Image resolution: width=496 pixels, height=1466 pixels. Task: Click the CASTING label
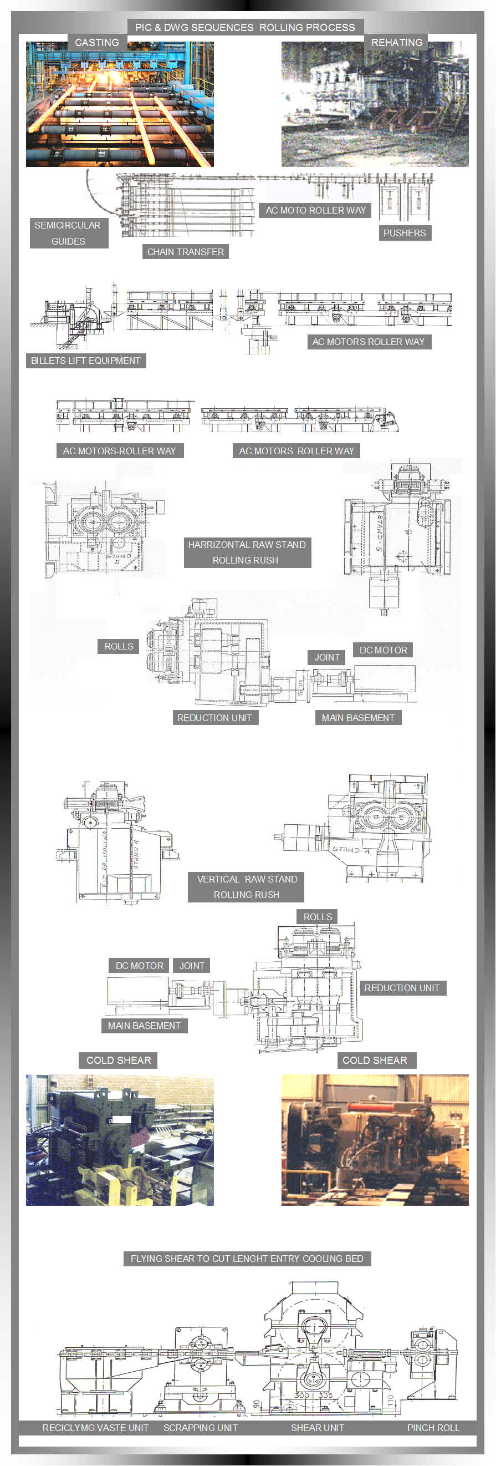pyautogui.click(x=96, y=43)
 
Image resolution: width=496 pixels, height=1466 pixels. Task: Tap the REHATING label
pyautogui.click(x=396, y=43)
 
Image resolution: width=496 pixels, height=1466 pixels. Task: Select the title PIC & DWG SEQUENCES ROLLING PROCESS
pyautogui.click(x=244, y=27)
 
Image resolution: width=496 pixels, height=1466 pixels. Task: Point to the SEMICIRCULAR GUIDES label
pyautogui.click(x=68, y=234)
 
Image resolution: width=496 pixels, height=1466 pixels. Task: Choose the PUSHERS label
pyautogui.click(x=405, y=234)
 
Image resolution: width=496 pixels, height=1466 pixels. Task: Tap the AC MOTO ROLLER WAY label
pyautogui.click(x=316, y=211)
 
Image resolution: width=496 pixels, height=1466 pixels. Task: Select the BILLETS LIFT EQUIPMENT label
pyautogui.click(x=85, y=361)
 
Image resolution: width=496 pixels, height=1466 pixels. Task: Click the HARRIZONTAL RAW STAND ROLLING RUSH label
pyautogui.click(x=247, y=552)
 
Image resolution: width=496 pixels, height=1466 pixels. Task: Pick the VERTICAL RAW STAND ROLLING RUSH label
pyautogui.click(x=247, y=887)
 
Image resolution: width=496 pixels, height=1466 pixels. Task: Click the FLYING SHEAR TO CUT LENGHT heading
pyautogui.click(x=247, y=1259)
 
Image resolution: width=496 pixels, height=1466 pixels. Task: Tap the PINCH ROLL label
pyautogui.click(x=433, y=1427)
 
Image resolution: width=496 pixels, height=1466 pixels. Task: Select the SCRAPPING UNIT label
pyautogui.click(x=200, y=1427)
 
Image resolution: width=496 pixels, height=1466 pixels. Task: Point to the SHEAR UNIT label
pyautogui.click(x=318, y=1427)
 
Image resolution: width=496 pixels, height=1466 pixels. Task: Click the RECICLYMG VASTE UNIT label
pyautogui.click(x=95, y=1427)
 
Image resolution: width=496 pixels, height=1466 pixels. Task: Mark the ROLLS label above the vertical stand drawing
pyautogui.click(x=318, y=917)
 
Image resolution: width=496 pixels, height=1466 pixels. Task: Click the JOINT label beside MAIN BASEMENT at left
pyautogui.click(x=192, y=966)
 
